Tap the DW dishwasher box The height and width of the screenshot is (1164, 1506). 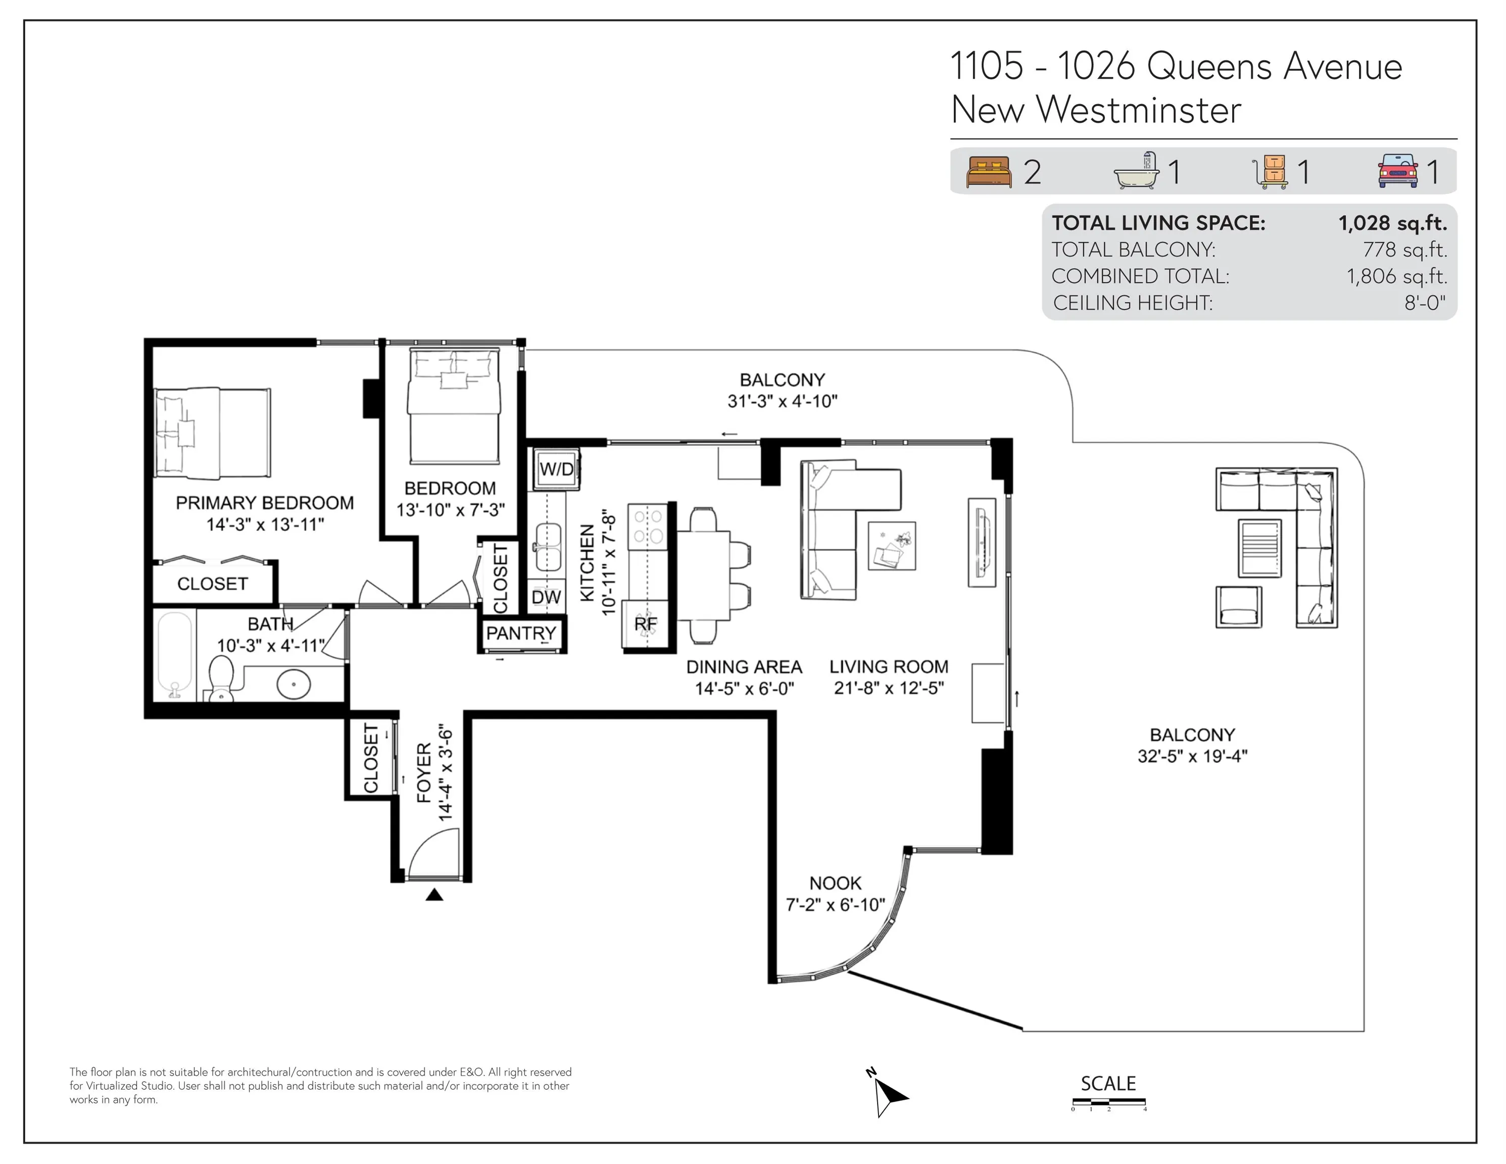point(546,597)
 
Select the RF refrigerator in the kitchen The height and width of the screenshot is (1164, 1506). point(646,624)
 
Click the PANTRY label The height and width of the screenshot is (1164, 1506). point(521,633)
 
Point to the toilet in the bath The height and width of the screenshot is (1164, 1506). point(222,678)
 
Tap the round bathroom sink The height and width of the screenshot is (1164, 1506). point(294,684)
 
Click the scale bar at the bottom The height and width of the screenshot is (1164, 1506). point(1109,1101)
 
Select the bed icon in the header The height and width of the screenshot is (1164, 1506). point(989,172)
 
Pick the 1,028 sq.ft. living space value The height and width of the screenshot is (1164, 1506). point(1393,223)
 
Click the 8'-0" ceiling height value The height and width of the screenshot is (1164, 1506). point(1425,303)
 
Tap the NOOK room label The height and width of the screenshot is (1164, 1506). point(835,883)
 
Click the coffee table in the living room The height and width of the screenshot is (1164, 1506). point(892,546)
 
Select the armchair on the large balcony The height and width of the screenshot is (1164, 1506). point(1238,607)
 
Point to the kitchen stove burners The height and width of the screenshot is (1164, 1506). point(648,526)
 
